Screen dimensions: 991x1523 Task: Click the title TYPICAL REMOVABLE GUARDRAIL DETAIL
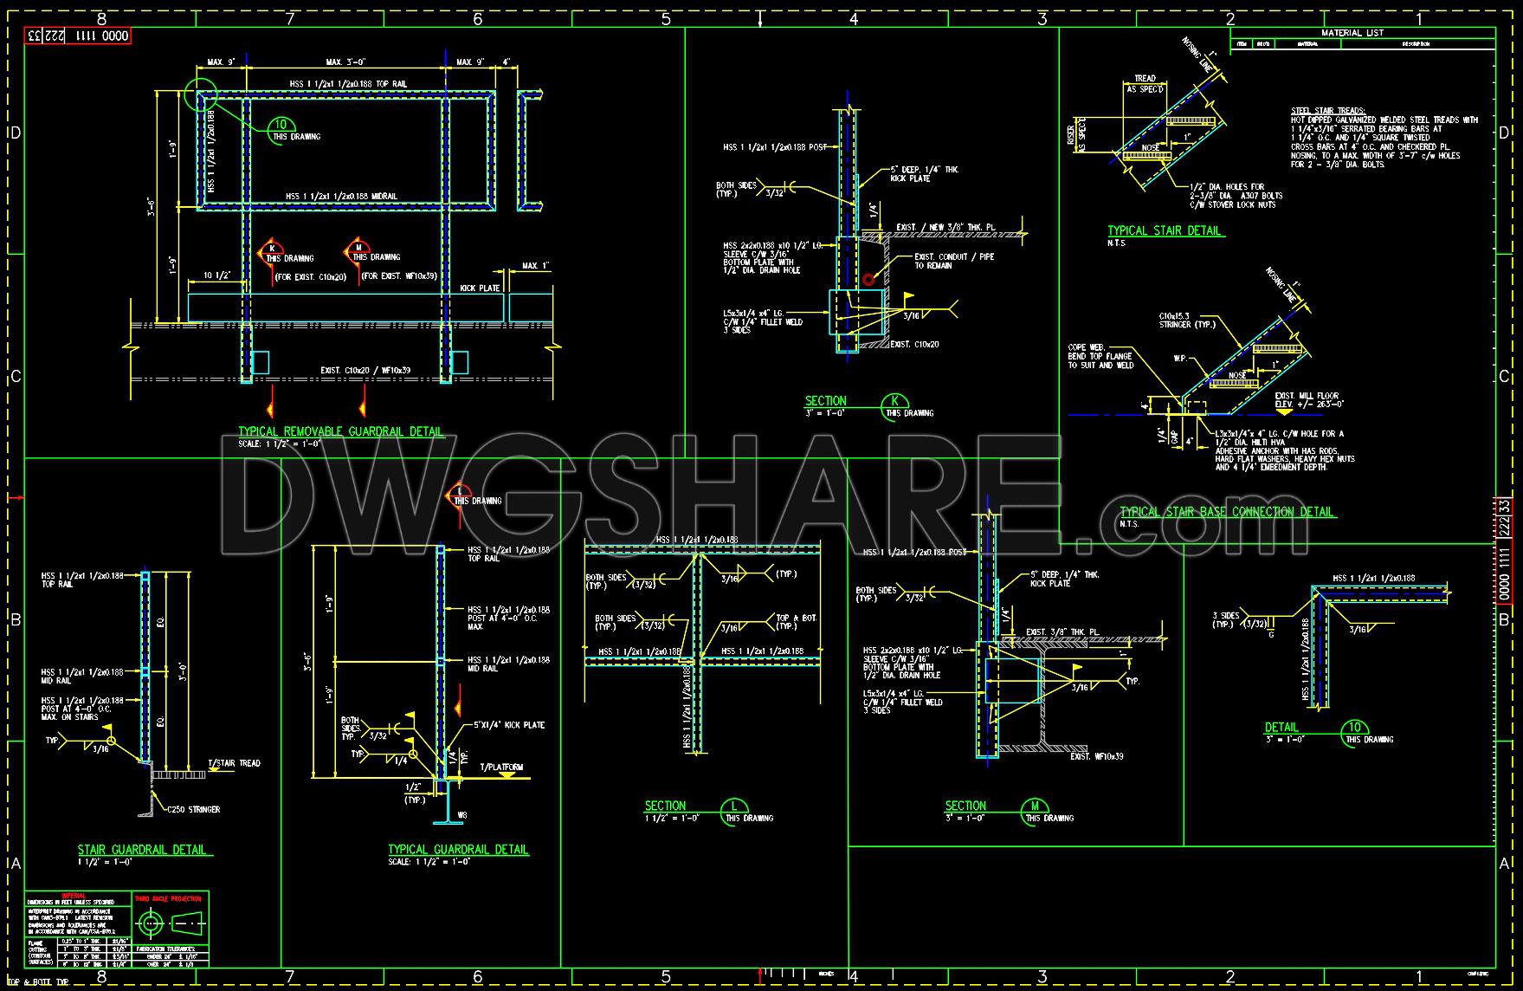click(x=340, y=431)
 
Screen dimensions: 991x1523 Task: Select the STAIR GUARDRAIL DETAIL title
click(x=143, y=850)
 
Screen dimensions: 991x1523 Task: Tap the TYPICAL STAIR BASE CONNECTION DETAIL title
click(x=1227, y=512)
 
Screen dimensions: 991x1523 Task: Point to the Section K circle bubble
click(x=894, y=402)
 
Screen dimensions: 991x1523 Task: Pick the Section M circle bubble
click(x=1033, y=806)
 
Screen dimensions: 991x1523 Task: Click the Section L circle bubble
click(x=733, y=807)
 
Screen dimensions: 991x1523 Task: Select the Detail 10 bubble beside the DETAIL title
click(x=1355, y=729)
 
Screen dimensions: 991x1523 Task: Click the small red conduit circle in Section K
click(x=868, y=279)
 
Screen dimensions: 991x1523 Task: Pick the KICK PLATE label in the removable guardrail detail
click(x=480, y=288)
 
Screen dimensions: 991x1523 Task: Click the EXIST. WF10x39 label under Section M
click(x=1096, y=756)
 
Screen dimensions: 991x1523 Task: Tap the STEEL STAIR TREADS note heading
click(x=1327, y=111)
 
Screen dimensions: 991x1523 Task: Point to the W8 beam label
click(x=462, y=815)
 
